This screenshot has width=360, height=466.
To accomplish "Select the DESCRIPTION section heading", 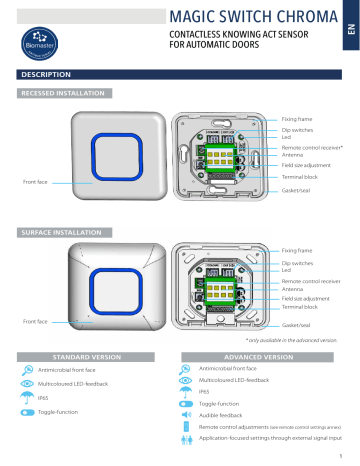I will [39, 76].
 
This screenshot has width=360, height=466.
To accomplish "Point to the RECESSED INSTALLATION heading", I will [56, 93].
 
